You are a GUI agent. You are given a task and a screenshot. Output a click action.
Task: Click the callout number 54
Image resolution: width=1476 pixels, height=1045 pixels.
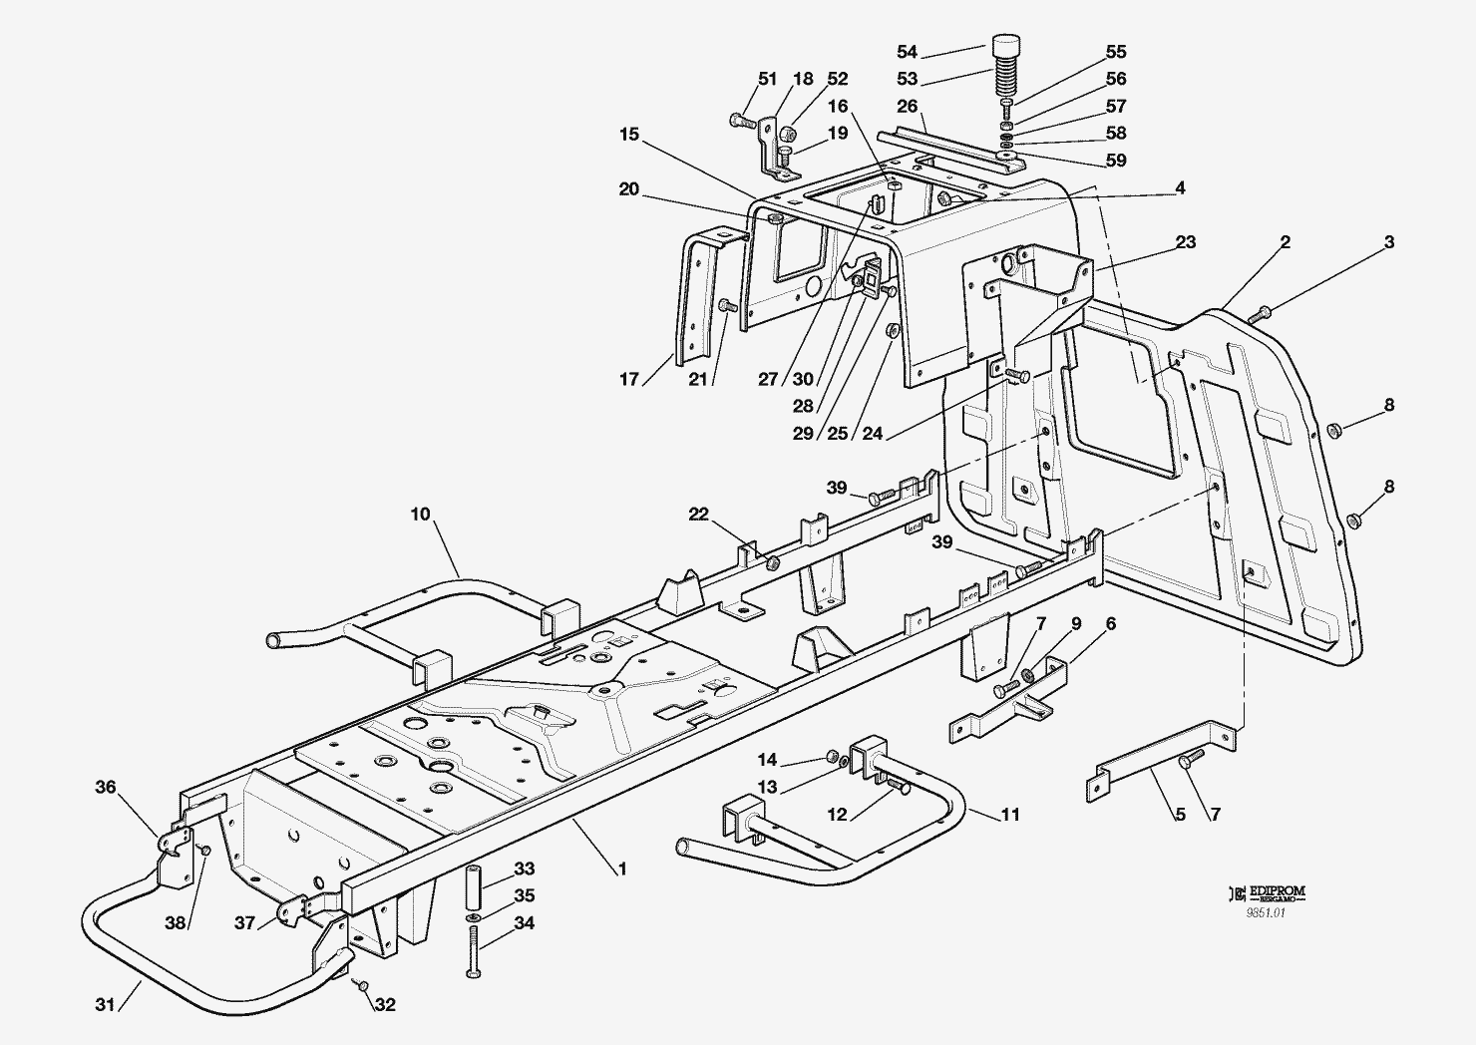[908, 52]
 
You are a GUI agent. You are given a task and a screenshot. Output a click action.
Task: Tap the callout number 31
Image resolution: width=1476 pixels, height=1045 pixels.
[106, 1005]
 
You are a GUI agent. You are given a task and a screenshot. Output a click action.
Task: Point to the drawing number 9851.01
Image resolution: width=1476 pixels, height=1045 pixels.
[1266, 913]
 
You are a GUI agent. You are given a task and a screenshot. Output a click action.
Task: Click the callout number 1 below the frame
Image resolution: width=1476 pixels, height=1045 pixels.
[622, 870]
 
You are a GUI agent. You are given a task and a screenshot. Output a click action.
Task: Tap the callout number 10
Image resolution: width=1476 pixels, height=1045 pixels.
[421, 514]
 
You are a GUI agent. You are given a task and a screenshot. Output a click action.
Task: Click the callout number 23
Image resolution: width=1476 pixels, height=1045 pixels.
[1186, 242]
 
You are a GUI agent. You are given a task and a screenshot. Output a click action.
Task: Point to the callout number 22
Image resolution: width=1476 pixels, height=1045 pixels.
[698, 514]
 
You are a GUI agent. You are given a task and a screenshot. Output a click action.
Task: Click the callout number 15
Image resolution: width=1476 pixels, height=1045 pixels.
[629, 135]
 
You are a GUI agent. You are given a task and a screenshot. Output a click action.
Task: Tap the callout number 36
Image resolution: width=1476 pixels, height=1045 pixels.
[106, 787]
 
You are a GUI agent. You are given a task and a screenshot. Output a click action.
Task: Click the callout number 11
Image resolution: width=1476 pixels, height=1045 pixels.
[1010, 815]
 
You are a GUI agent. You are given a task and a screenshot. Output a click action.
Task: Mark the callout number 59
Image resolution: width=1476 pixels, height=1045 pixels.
[1116, 161]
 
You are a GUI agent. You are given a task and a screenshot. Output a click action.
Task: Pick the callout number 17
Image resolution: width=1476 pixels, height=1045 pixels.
[629, 379]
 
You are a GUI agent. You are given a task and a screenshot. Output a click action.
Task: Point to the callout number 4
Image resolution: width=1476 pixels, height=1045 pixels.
[1180, 187]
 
